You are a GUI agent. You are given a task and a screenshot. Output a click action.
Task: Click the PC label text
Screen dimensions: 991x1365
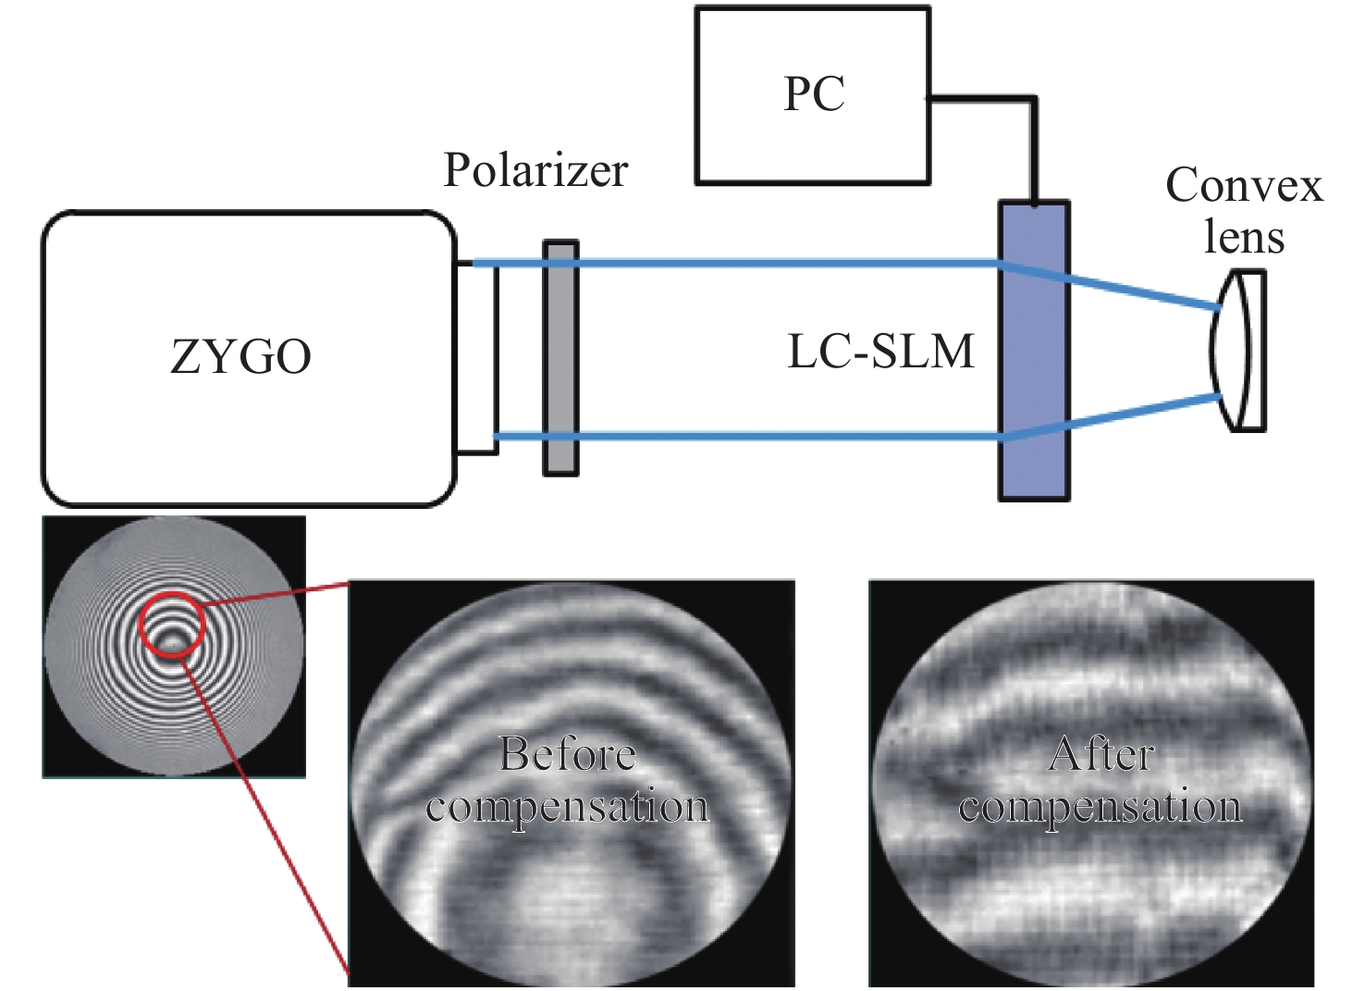coord(814,94)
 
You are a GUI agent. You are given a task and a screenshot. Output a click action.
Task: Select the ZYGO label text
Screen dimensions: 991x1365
coord(240,356)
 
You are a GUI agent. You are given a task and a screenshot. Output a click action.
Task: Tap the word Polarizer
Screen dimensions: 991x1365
coord(535,170)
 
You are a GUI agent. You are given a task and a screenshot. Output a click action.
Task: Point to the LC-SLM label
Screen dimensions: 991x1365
coord(880,352)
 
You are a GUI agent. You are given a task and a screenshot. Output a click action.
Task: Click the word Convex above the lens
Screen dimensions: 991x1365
coord(1244,186)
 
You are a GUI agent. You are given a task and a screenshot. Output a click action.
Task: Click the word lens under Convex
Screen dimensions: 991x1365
coord(1244,238)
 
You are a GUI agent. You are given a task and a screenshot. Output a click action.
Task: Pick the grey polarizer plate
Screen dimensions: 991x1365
coord(560,359)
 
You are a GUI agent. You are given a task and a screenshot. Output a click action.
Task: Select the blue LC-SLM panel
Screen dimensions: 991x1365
coord(1034,352)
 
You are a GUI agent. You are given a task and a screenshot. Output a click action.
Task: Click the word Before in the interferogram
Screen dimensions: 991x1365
coord(568,755)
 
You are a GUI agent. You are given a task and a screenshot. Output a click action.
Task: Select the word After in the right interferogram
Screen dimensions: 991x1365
coord(1101,755)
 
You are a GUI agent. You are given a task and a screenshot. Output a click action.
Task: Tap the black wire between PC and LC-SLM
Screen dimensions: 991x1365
coord(1034,139)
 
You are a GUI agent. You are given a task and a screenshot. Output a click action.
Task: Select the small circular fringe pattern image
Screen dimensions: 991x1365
coord(174,646)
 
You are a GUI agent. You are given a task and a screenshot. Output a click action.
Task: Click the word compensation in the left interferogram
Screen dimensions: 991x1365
coord(568,807)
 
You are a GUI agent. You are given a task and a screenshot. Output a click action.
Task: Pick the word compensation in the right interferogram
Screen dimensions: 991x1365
coord(1101,807)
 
